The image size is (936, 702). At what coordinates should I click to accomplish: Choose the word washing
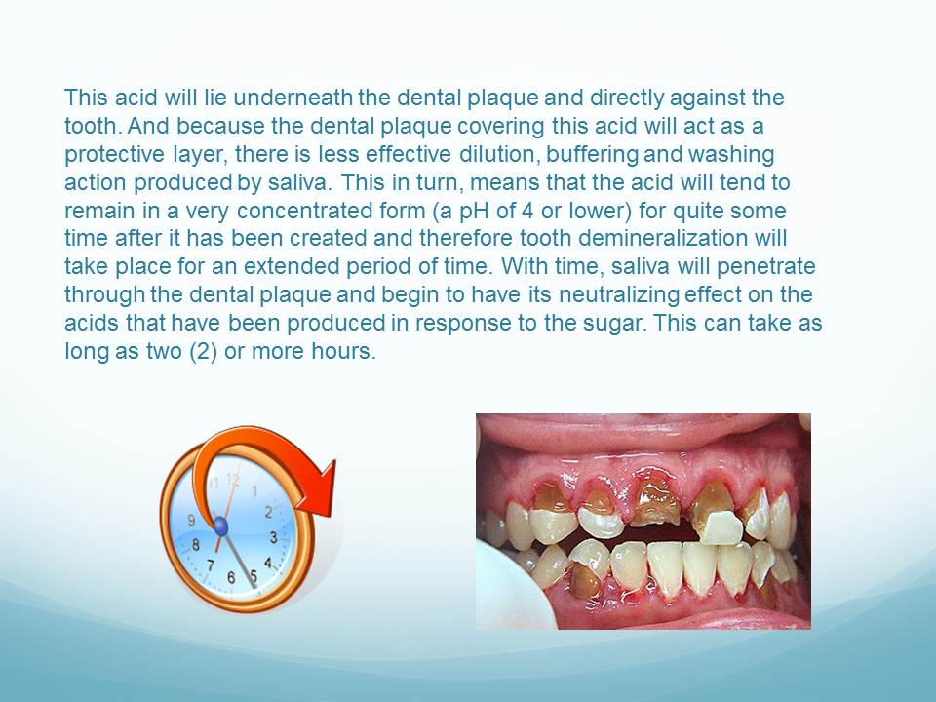[x=730, y=155]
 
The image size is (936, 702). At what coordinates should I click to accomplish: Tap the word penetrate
[x=766, y=267]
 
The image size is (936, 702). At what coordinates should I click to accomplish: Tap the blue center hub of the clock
[x=221, y=526]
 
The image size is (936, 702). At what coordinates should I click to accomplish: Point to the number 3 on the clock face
[x=273, y=537]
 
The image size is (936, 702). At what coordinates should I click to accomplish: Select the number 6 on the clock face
[x=231, y=578]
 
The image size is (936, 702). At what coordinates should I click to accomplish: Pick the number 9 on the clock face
[x=191, y=521]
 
